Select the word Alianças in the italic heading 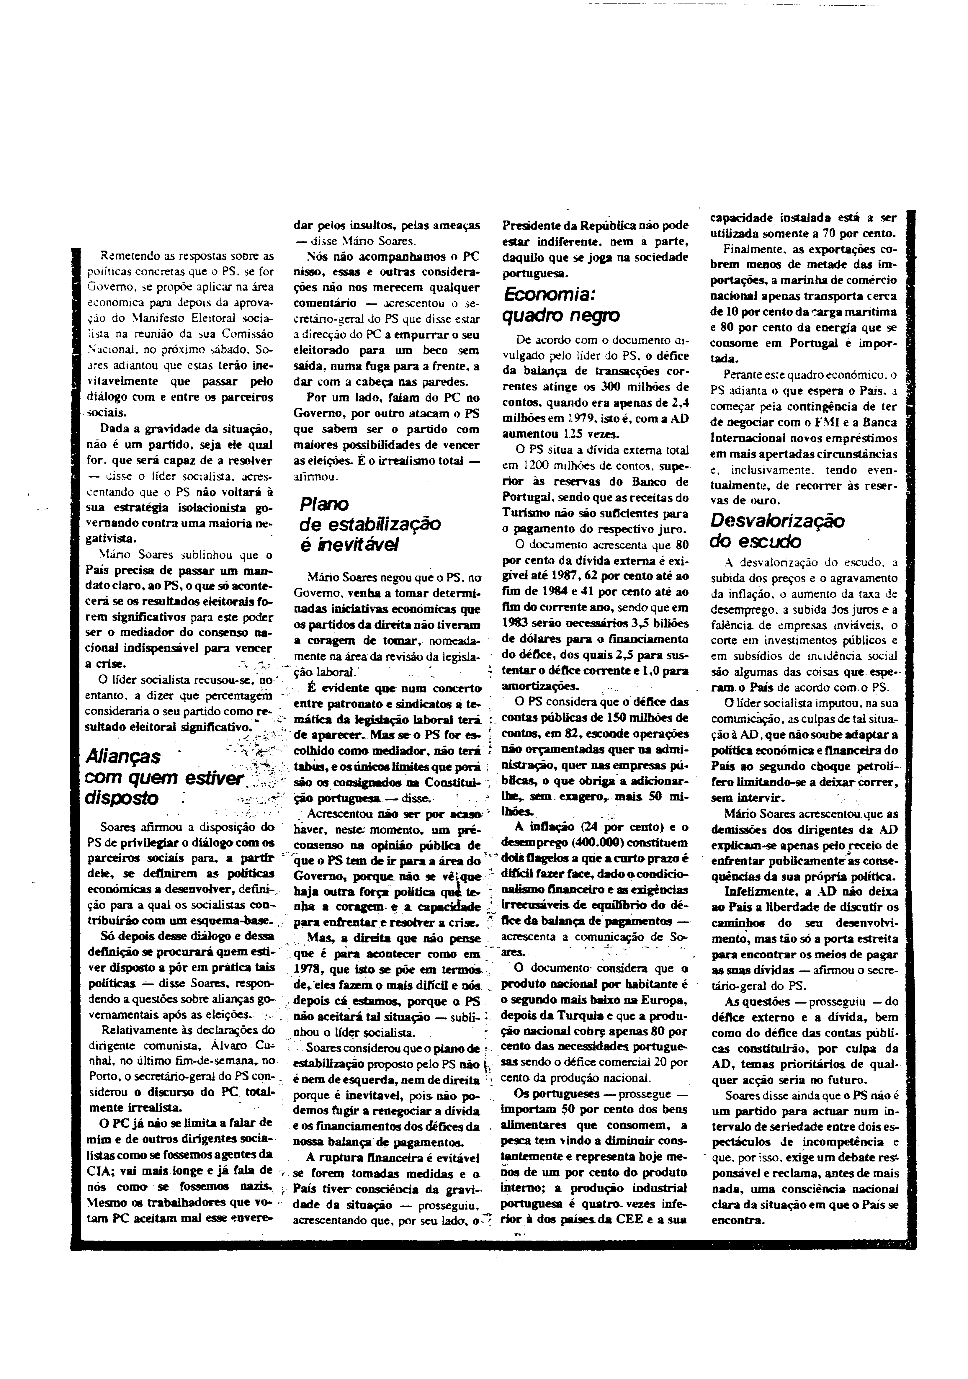tap(123, 756)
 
